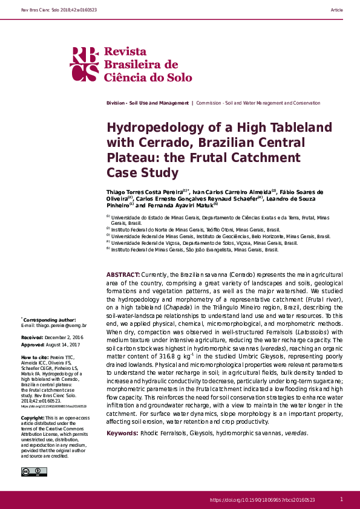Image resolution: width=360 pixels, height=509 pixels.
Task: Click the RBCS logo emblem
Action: pos(84,64)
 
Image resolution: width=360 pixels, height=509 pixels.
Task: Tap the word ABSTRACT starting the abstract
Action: pos(123,274)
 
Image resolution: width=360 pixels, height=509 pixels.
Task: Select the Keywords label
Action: pos(122,433)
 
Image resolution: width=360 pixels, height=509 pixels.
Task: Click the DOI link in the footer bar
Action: pos(262,500)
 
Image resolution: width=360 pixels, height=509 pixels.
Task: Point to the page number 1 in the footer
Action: pos(341,499)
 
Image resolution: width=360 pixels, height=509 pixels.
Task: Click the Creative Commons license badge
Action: pos(30,472)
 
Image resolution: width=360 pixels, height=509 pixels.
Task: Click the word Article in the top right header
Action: pos(337,10)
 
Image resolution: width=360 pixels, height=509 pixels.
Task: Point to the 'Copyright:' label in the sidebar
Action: pos(33,418)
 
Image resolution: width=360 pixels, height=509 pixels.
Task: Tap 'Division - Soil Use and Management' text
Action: pos(147,103)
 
